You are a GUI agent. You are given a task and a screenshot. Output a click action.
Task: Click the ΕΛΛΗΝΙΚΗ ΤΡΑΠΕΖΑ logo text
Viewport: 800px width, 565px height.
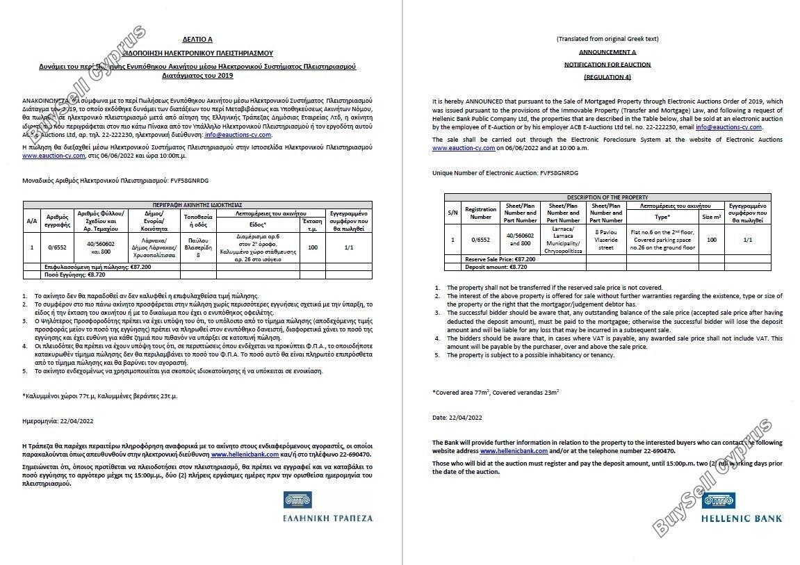coord(327,518)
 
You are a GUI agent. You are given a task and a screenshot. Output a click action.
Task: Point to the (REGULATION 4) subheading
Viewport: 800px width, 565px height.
coord(607,76)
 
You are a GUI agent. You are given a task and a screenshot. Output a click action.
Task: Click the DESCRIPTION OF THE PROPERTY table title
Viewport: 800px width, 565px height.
coord(607,197)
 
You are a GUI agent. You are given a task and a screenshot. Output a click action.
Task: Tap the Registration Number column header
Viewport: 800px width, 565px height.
coord(480,213)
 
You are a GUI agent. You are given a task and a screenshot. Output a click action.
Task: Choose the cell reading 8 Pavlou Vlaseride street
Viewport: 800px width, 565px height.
coord(606,239)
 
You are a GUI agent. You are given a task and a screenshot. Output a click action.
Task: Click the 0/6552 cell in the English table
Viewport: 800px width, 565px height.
coord(480,239)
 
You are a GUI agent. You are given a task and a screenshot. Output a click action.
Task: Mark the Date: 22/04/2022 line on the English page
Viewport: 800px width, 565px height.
coord(457,417)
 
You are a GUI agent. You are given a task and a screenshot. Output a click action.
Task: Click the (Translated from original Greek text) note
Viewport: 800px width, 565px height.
coord(607,39)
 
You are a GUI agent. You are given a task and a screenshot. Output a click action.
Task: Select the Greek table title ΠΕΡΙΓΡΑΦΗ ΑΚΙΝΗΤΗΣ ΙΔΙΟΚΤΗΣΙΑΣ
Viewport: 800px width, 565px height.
coord(198,206)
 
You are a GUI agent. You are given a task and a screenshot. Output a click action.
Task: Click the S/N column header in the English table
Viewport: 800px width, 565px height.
coord(452,212)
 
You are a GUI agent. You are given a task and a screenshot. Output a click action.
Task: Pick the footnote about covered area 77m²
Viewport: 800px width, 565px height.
coord(496,392)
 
